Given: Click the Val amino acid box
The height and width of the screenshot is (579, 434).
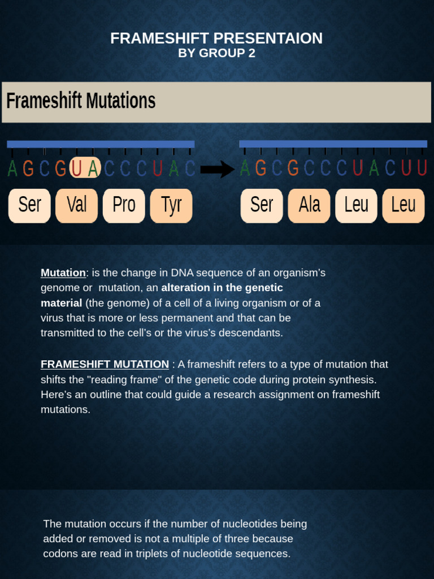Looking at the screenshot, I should pyautogui.click(x=76, y=205).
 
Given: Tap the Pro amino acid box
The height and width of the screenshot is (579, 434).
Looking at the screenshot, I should pyautogui.click(x=124, y=205).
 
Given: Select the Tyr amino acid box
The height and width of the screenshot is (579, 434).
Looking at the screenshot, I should pyautogui.click(x=171, y=205).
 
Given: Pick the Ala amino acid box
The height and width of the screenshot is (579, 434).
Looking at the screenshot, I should pyautogui.click(x=309, y=205).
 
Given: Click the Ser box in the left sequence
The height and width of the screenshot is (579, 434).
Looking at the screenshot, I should pyautogui.click(x=29, y=205).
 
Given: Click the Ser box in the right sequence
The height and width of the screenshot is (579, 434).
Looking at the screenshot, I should pyautogui.click(x=262, y=205).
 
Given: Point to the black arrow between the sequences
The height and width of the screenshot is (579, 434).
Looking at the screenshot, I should pyautogui.click(x=218, y=168).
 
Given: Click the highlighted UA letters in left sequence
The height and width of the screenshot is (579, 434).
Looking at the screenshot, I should pyautogui.click(x=85, y=168).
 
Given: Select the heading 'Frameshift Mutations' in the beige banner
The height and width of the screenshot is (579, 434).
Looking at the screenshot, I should pyautogui.click(x=81, y=101).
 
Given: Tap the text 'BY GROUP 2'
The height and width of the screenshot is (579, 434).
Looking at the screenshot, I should pyautogui.click(x=217, y=54).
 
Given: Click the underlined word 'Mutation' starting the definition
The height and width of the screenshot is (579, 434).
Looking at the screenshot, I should pyautogui.click(x=63, y=273).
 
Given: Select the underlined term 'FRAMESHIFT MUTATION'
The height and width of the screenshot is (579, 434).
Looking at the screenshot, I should pyautogui.click(x=105, y=364).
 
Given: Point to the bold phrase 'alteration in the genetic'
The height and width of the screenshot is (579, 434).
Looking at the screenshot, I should pyautogui.click(x=222, y=288).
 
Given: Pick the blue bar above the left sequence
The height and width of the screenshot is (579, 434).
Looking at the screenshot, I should pyautogui.click(x=101, y=144).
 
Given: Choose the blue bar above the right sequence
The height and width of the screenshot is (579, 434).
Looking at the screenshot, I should pyautogui.click(x=333, y=144).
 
